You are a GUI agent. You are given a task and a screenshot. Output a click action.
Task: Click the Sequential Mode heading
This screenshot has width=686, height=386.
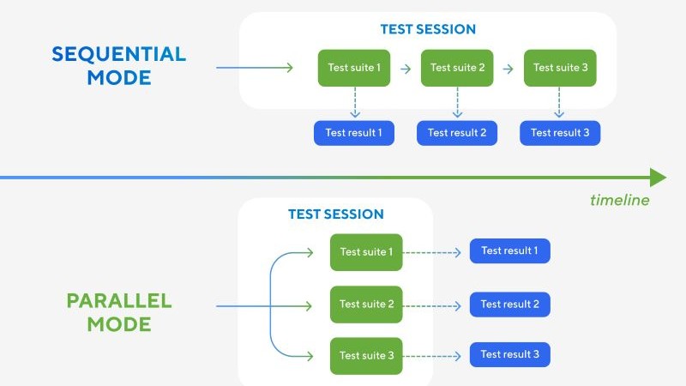118,65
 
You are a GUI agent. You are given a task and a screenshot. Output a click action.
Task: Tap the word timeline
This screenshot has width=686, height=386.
619,200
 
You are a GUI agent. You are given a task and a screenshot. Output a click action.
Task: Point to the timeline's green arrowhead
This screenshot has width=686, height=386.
658,178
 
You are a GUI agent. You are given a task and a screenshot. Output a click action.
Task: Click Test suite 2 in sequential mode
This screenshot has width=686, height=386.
457,68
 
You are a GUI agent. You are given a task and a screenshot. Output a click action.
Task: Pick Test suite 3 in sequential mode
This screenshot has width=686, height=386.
560,68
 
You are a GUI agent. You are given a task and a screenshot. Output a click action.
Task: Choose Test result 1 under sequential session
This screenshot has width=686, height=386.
354,133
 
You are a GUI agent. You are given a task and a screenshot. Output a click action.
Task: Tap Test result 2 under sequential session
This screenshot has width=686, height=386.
457,133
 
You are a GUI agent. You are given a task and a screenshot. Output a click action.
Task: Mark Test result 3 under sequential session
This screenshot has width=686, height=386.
560,133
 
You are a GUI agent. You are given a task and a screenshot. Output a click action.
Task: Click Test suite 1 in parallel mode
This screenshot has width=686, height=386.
366,252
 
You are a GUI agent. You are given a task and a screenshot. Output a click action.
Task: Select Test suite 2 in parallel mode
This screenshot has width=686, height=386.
366,305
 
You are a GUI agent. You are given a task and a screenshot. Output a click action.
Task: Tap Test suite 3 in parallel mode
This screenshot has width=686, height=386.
366,355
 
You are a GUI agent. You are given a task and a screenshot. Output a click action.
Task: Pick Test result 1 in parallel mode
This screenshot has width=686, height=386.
509,251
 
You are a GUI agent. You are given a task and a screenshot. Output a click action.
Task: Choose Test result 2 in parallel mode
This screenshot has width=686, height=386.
509,305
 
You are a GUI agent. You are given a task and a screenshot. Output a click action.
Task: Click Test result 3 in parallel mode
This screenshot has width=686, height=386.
509,354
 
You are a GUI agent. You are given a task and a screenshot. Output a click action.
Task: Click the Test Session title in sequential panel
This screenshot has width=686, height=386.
428,29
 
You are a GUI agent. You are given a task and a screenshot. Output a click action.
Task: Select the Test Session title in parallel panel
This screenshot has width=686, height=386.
335,214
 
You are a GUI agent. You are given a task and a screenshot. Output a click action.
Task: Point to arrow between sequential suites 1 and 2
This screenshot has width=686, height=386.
406,68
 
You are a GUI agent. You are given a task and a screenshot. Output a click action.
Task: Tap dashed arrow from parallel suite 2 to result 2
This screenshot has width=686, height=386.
436,305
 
